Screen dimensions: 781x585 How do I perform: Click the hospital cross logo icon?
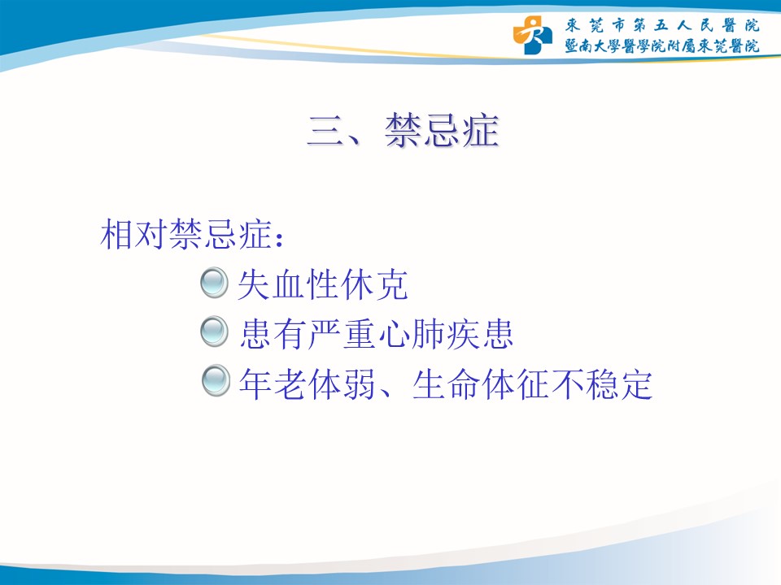532,35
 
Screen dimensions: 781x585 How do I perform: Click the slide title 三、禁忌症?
404,130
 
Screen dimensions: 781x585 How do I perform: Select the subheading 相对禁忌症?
186,234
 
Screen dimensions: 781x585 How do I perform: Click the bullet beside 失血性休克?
214,283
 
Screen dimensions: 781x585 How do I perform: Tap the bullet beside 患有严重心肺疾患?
214,331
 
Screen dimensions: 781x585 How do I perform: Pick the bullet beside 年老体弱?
216,380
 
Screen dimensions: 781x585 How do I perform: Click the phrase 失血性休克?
323,284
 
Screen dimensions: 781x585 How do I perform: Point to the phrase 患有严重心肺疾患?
376,334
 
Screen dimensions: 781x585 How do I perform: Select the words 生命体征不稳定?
532,384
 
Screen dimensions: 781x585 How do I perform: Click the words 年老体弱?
307,384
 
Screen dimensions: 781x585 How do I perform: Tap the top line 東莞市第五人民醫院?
662,25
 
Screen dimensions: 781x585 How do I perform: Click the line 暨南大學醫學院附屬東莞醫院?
662,46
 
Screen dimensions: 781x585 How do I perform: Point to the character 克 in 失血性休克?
392,284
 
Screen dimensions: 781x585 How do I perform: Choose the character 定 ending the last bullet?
636,384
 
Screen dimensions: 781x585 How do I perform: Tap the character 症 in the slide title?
481,130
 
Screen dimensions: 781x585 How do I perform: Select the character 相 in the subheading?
117,234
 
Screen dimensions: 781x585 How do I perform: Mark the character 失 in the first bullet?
254,284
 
